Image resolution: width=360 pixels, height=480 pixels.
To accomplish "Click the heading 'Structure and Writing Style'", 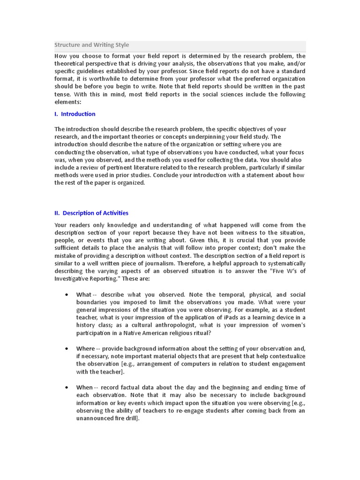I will tap(91, 45).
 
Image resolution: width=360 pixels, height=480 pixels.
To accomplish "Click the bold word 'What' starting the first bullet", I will tap(84, 295).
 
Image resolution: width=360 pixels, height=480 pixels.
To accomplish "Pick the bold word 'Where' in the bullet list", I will tap(85, 349).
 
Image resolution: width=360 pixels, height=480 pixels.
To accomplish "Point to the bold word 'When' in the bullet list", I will tap(84, 387).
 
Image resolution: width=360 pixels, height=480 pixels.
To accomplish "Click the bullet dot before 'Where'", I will tap(67, 349).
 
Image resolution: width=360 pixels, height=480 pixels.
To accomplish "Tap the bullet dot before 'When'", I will tap(67, 387).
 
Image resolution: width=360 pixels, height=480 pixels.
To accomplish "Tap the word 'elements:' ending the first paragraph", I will tap(67, 102).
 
